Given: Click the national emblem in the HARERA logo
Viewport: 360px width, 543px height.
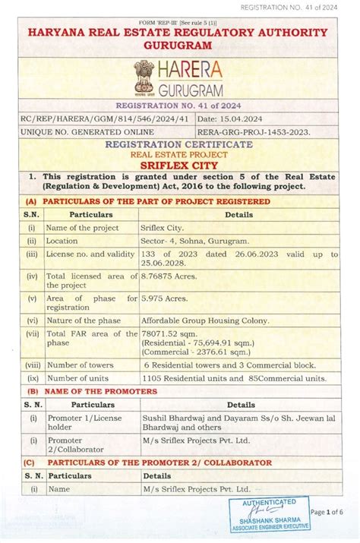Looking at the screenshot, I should click(x=144, y=78).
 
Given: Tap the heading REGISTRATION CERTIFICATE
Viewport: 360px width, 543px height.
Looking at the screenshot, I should click(x=180, y=144).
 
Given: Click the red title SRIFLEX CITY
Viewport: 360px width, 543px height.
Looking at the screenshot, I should click(x=180, y=163).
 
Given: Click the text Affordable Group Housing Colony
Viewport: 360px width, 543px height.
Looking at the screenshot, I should click(x=205, y=320).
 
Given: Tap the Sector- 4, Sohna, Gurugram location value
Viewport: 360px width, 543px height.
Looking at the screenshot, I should click(x=194, y=240).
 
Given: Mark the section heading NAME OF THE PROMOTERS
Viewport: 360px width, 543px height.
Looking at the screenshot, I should click(x=99, y=391).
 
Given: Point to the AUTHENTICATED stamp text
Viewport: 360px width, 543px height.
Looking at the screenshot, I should click(x=270, y=502).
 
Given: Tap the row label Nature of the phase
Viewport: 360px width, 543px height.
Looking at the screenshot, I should click(x=84, y=320).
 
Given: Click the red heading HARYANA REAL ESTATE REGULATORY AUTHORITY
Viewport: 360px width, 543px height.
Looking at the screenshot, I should click(x=179, y=33).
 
